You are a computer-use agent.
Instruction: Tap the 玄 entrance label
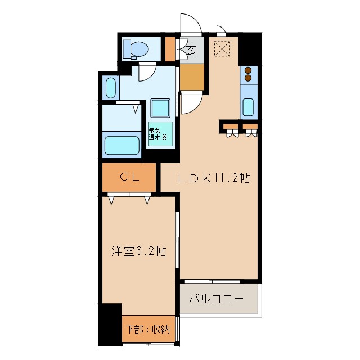[192, 49]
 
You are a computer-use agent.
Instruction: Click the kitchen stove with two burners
[248, 74]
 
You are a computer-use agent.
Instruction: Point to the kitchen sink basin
[248, 106]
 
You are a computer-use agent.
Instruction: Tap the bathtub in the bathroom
[122, 146]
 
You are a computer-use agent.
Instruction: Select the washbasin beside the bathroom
[111, 88]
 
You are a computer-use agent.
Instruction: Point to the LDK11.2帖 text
[214, 178]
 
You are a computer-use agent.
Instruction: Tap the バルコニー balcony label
[217, 299]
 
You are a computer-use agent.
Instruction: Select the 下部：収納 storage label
[146, 330]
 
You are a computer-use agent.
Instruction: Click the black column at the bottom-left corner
[110, 325]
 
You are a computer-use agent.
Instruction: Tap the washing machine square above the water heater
[161, 107]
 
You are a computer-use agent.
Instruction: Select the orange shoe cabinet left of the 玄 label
[171, 49]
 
